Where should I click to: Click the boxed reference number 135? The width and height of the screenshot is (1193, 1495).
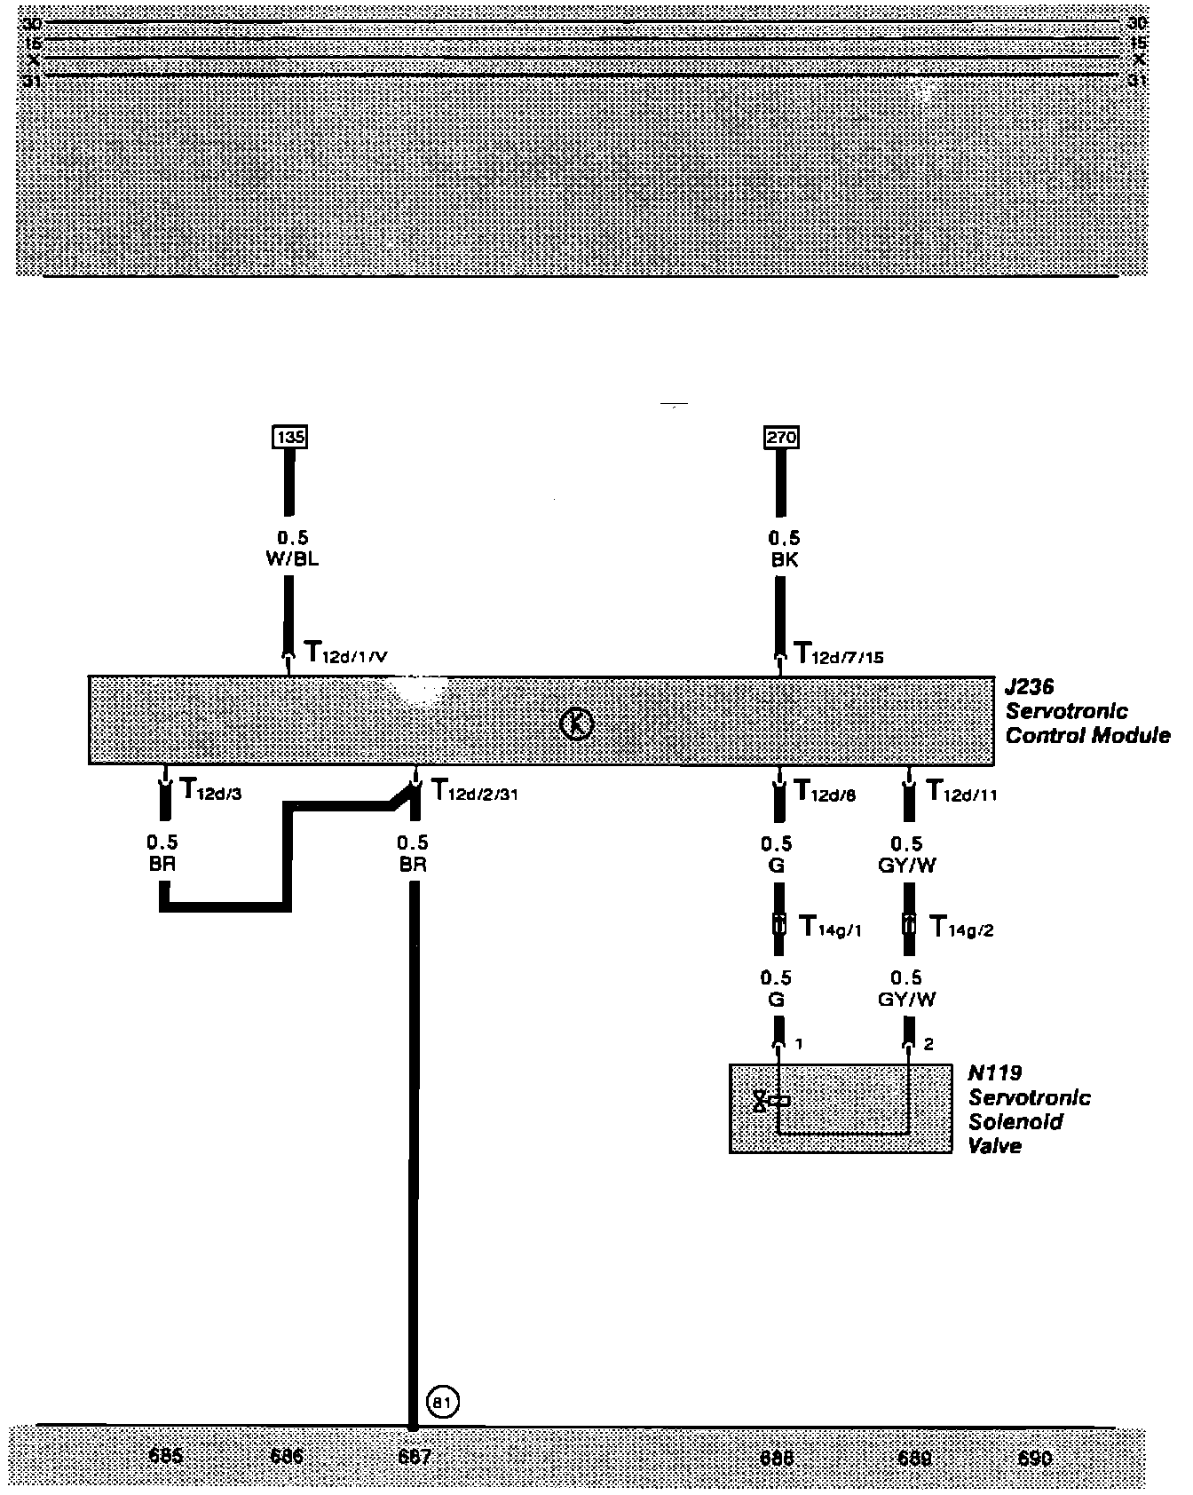pyautogui.click(x=289, y=438)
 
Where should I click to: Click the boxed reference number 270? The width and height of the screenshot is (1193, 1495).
pyautogui.click(x=781, y=438)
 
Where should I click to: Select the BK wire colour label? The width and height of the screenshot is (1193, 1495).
pyautogui.click(x=784, y=560)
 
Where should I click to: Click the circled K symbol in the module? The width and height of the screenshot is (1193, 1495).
pyautogui.click(x=577, y=724)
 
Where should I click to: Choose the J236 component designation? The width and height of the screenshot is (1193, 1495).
pyautogui.click(x=1029, y=687)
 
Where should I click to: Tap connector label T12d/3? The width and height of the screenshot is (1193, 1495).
pyautogui.click(x=210, y=789)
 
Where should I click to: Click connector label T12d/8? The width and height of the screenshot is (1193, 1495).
pyautogui.click(x=825, y=790)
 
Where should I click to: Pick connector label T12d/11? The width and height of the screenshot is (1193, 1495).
pyautogui.click(x=960, y=790)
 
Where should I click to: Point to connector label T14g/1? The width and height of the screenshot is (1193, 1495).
pyautogui.click(x=830, y=928)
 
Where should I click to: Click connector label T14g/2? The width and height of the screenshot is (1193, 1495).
pyautogui.click(x=960, y=928)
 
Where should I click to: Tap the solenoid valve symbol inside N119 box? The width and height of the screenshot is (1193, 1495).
pyautogui.click(x=769, y=1102)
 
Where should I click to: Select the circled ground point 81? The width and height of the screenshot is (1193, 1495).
pyautogui.click(x=443, y=1403)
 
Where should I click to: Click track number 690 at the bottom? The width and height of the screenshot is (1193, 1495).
pyautogui.click(x=1035, y=1459)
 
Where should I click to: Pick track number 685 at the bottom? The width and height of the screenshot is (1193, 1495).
pyautogui.click(x=166, y=1457)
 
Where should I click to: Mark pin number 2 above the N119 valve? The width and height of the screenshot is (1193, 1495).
pyautogui.click(x=928, y=1045)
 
